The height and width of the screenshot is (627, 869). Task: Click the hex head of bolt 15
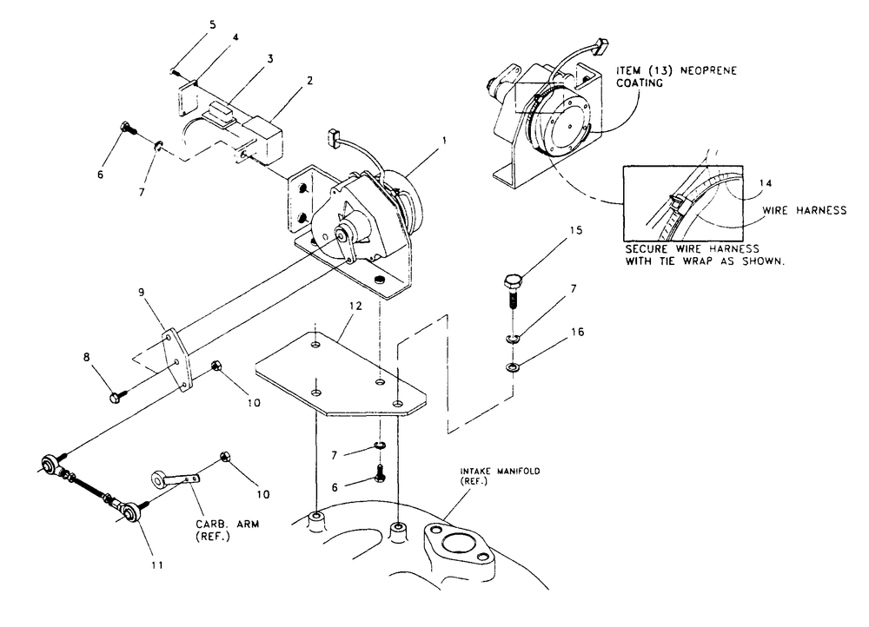coord(511,281)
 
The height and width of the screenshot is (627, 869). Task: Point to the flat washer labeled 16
coord(512,368)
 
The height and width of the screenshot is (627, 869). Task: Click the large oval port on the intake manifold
coord(456,548)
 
